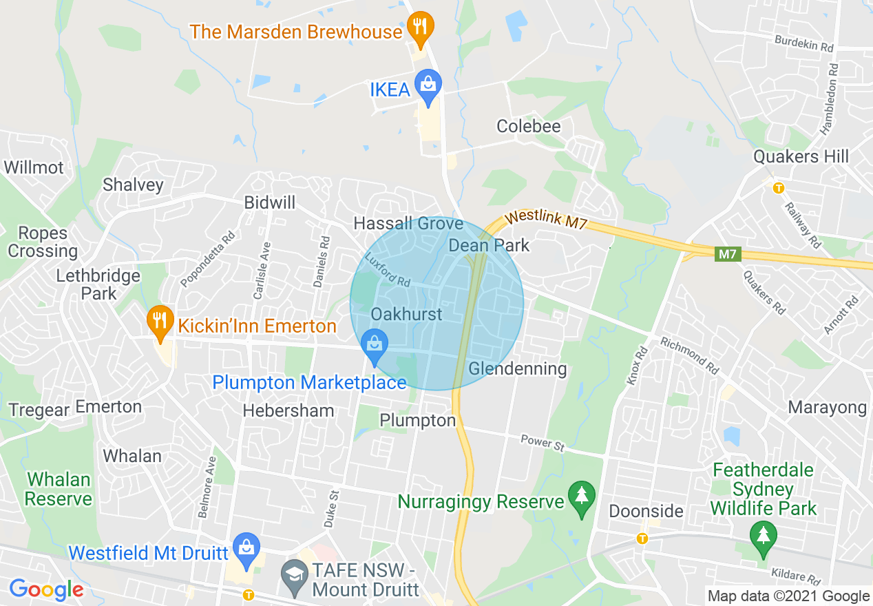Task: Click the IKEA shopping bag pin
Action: [x=428, y=85]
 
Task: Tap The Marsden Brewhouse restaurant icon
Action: [x=419, y=28]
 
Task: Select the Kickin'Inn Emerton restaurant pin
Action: [x=160, y=322]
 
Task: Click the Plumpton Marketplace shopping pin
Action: [x=375, y=344]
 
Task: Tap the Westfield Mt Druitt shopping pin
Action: [x=246, y=548]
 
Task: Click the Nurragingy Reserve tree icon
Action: [x=582, y=497]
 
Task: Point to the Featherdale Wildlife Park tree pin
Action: [x=763, y=536]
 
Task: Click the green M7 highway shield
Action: [x=727, y=255]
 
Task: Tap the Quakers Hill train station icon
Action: [x=779, y=187]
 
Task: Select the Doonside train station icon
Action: [x=642, y=538]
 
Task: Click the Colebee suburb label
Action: [x=529, y=126]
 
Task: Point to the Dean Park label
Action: [x=489, y=245]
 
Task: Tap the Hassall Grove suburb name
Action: [x=408, y=223]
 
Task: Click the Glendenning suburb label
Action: [x=518, y=369]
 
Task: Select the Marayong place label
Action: [x=827, y=407]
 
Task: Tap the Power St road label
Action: [x=542, y=442]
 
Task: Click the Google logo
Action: [x=46, y=589]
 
